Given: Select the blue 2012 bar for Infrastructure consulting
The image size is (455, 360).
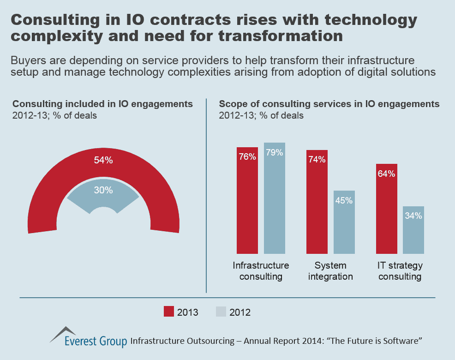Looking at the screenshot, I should click(275, 198).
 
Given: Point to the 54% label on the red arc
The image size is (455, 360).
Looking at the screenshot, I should click(103, 161).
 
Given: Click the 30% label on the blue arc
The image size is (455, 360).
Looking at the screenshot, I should click(103, 190).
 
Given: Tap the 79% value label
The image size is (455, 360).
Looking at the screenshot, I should click(275, 153).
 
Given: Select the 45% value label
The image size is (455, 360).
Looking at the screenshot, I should click(344, 201).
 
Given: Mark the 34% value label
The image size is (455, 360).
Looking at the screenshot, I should click(413, 216).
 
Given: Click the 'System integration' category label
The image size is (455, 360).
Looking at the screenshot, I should click(330, 271).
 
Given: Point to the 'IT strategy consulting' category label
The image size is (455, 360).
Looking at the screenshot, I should click(400, 271).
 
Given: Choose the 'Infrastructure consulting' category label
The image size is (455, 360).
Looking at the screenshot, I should click(261, 271).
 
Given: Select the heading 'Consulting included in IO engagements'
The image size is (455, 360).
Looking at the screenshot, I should click(102, 104).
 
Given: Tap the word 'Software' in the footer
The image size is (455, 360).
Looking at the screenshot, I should click(400, 341).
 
